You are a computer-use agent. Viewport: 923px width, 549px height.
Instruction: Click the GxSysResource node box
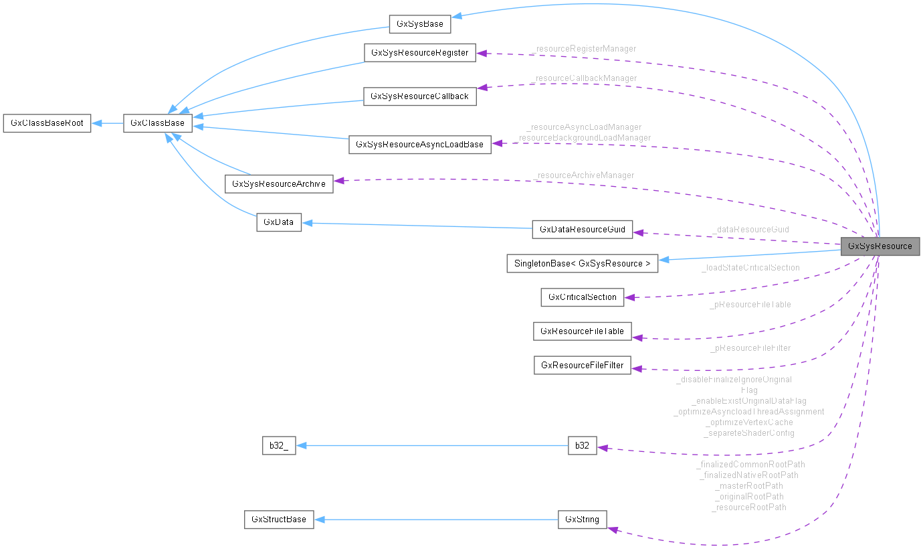(880, 246)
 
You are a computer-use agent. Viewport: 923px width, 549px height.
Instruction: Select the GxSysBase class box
(420, 24)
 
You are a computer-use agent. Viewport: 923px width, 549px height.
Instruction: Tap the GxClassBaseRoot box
(47, 123)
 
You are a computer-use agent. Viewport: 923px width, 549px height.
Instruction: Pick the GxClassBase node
(158, 123)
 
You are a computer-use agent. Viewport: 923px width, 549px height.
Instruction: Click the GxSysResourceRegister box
(419, 53)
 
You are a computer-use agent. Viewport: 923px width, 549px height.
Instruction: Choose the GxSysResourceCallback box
(419, 96)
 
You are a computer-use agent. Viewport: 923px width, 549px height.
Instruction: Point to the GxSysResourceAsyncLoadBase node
(419, 145)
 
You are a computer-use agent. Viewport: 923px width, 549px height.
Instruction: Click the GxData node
(279, 223)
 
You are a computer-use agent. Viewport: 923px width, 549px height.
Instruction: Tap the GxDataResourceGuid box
(582, 230)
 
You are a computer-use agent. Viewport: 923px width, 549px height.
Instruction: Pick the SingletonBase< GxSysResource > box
(582, 263)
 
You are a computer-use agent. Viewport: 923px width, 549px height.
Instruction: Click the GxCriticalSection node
(582, 297)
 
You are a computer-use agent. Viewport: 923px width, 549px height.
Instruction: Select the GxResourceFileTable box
(582, 331)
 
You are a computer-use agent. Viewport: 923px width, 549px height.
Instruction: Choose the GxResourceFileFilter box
(582, 366)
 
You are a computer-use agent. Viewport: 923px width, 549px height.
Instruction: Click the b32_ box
(278, 446)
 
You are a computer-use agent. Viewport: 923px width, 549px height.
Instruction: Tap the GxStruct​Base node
(278, 520)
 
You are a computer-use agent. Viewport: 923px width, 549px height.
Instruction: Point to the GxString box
(582, 520)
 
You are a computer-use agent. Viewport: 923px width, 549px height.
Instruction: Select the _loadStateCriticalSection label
(750, 268)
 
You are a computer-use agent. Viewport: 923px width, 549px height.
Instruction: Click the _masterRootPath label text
(748, 486)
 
